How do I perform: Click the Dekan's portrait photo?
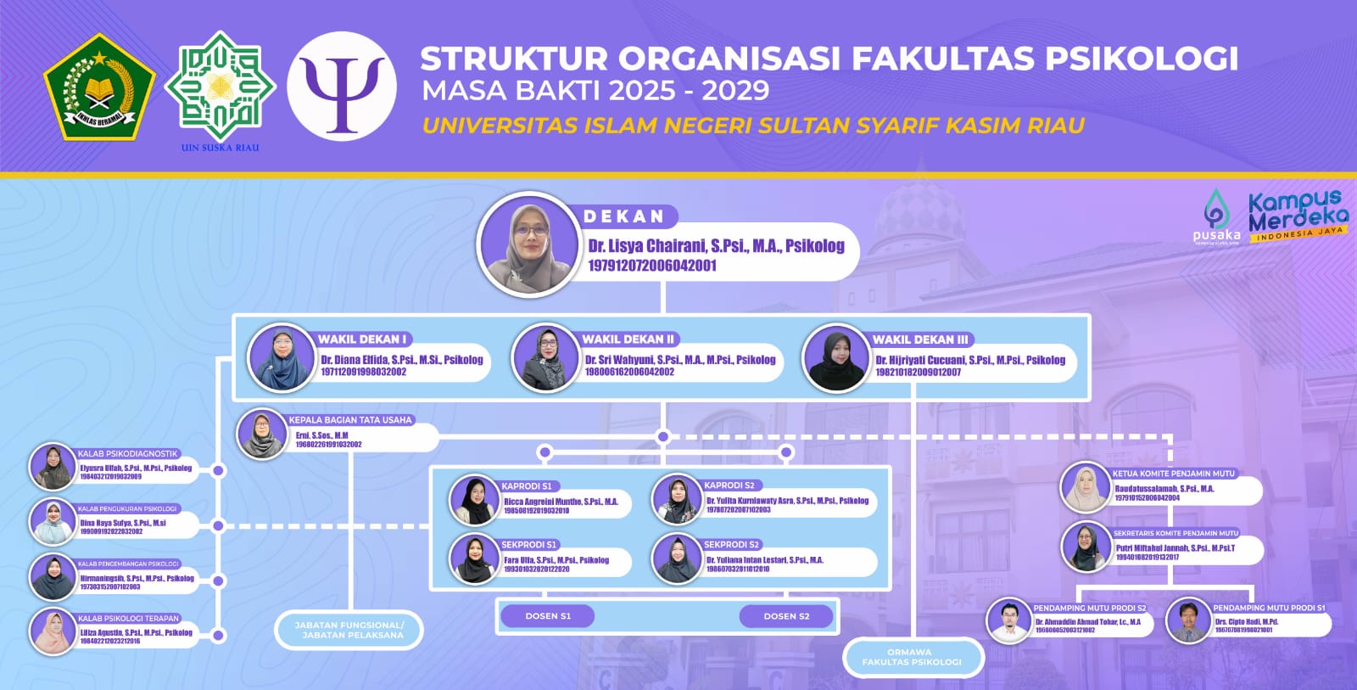click(x=529, y=244)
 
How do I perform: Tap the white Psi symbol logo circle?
click(x=342, y=87)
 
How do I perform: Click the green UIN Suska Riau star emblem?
click(x=220, y=86)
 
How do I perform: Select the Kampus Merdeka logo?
click(x=1297, y=216)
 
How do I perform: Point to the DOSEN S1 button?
click(x=547, y=616)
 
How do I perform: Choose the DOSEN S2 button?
click(x=786, y=616)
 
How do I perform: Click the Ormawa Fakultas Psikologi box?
click(x=912, y=657)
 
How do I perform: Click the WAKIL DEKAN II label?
click(x=628, y=339)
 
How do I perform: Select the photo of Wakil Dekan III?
click(x=836, y=359)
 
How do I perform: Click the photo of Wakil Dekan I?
click(x=282, y=358)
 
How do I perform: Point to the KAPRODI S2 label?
click(x=729, y=485)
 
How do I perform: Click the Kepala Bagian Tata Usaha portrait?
click(x=262, y=434)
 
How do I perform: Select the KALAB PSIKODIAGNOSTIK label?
click(x=128, y=454)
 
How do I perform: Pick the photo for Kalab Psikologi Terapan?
click(x=53, y=632)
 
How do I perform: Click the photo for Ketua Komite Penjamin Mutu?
click(x=1086, y=487)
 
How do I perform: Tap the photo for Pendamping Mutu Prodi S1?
click(x=1187, y=621)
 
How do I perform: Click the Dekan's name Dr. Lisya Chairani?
click(x=716, y=246)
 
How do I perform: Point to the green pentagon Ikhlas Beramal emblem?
click(x=99, y=87)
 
